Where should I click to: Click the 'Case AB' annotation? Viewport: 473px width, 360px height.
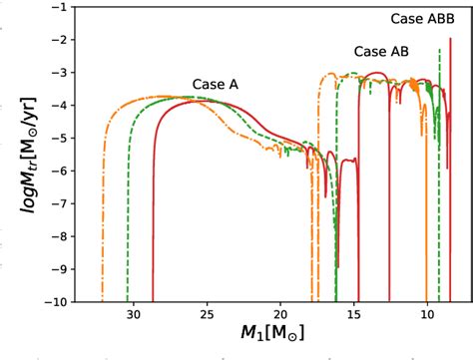pyautogui.click(x=380, y=52)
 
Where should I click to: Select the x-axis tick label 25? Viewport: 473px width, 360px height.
pyautogui.click(x=207, y=313)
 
